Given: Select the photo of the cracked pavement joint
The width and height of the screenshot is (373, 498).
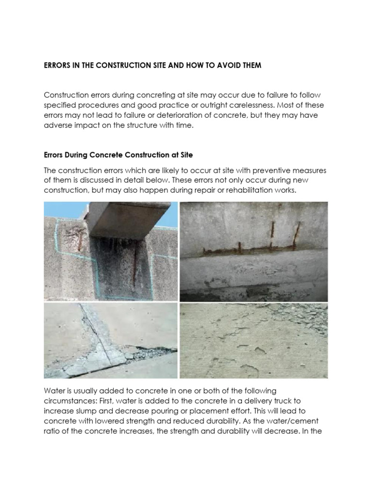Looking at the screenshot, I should pos(111,340).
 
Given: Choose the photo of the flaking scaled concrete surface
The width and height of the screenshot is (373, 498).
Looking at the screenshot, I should pos(254,340).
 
